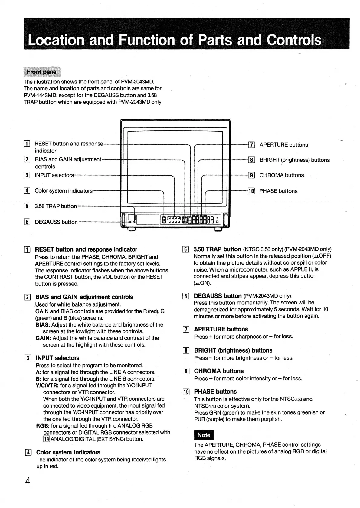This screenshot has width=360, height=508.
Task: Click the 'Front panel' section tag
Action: pos(42,72)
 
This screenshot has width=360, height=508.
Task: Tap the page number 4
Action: pos(28,481)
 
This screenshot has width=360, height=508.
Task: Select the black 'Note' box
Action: pos(204,435)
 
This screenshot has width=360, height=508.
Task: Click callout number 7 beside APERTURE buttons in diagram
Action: pos(251,145)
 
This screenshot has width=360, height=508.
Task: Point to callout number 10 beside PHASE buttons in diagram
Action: pos(251,191)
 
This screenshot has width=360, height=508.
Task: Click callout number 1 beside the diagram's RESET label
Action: pos(27,144)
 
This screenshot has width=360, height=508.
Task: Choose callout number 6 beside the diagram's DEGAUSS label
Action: pos(27,222)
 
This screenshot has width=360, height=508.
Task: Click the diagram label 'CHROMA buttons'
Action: pos(281,175)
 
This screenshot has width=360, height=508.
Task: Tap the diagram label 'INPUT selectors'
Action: pos(54,175)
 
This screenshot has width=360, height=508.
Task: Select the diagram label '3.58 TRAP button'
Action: pos(56,206)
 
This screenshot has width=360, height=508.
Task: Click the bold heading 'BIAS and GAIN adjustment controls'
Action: pos(84,297)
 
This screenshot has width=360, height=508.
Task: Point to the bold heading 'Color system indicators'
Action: pos(68,452)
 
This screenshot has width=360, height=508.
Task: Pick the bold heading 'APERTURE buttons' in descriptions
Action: pos(221,329)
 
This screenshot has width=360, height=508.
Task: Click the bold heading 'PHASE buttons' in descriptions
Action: pos(215,392)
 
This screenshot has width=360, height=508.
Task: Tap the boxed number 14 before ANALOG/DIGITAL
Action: pos(47,439)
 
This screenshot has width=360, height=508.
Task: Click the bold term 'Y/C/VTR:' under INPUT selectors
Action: pos(47,386)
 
